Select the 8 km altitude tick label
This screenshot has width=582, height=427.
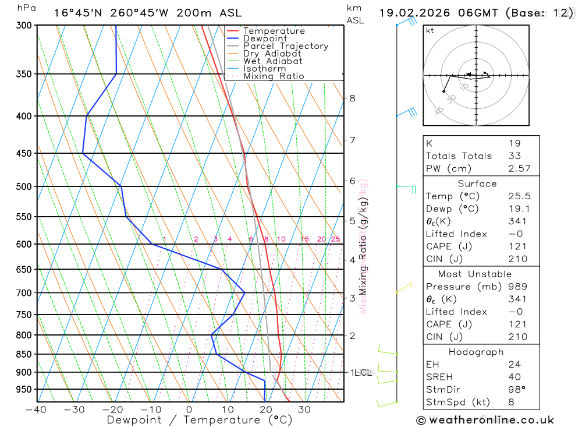click(353, 98)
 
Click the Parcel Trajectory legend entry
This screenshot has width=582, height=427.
click(286, 46)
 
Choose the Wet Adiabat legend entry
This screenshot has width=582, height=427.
click(273, 61)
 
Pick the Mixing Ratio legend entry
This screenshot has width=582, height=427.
click(274, 76)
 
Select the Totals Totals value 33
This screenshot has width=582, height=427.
click(514, 156)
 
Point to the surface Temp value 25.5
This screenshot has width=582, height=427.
click(519, 196)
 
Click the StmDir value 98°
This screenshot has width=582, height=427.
click(516, 389)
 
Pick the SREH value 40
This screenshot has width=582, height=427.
click(514, 376)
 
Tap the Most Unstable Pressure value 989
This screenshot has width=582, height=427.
click(517, 287)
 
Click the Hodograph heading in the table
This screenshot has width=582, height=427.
click(476, 352)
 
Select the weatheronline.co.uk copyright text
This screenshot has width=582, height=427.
click(485, 420)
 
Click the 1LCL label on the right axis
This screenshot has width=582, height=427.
click(361, 372)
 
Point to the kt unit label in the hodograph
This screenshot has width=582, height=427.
click(430, 30)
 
